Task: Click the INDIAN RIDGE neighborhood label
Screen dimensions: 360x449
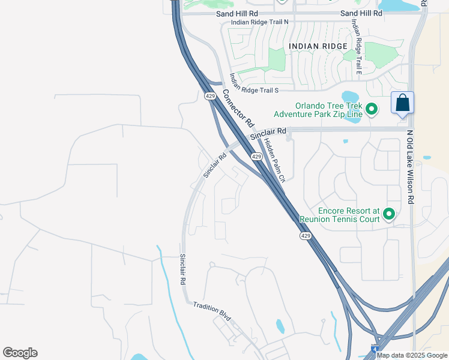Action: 318,46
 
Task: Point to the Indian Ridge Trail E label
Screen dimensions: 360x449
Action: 357,46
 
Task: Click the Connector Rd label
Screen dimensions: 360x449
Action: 238,109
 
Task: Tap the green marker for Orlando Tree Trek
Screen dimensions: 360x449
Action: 372,109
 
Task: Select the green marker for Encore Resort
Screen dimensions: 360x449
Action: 389,214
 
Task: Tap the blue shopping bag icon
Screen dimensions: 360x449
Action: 402,103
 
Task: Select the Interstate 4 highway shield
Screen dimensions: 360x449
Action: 374,349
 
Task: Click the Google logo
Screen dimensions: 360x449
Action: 20,353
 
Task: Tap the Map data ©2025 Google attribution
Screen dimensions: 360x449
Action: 412,355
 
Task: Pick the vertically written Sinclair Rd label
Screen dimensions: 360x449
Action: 182,269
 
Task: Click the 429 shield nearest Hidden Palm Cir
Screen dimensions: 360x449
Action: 256,156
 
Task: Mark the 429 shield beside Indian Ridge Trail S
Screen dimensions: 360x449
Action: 209,95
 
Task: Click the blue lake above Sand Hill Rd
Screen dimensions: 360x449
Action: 397,5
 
